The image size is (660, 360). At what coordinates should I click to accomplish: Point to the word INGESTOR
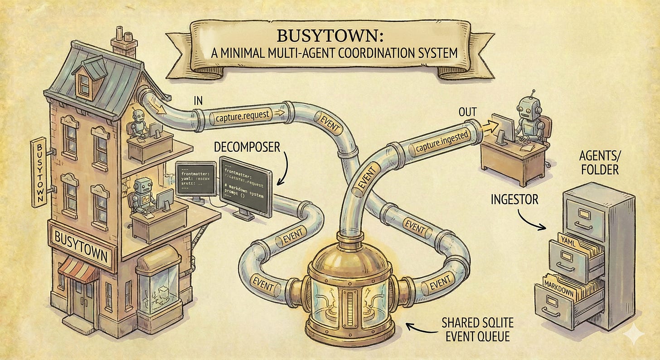514,199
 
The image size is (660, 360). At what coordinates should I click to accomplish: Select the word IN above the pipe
198,101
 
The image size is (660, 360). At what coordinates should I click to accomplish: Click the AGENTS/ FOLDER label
600,163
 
